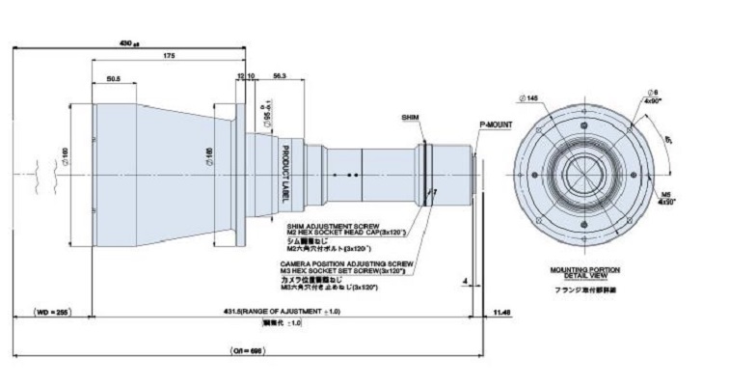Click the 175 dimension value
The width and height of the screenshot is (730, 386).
tap(169, 57)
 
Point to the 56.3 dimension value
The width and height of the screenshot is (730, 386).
tap(280, 75)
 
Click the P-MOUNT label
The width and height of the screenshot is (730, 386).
tap(495, 124)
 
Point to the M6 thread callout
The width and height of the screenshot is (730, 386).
tap(665, 196)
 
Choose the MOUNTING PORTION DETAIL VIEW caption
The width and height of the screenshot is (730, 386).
tap(584, 273)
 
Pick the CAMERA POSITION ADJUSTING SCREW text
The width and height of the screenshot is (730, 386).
tap(347, 262)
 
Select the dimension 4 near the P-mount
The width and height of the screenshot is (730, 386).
tap(465, 282)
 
